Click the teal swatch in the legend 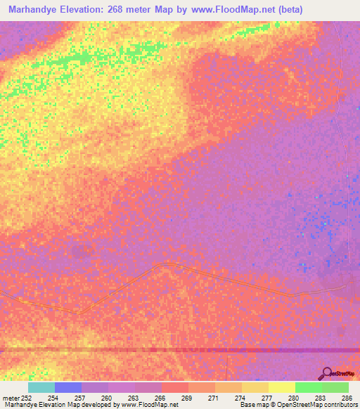point(41,387)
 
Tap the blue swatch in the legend point(68,387)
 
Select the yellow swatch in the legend point(282,387)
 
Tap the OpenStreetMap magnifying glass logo point(326,373)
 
